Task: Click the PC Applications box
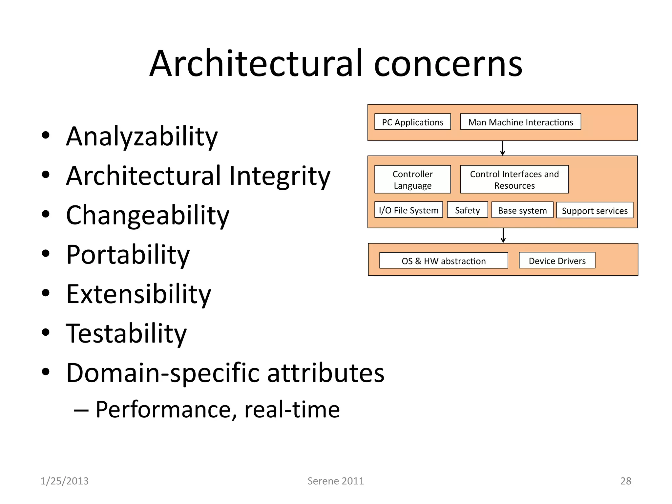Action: tap(412, 122)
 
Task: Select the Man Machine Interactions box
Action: tap(520, 122)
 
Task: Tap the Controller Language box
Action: tap(412, 179)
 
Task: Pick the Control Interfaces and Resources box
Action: tap(514, 179)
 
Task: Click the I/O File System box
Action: tap(409, 210)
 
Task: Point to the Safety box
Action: tap(467, 210)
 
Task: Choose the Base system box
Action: tap(522, 210)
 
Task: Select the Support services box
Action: tap(595, 211)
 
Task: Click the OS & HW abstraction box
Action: tap(444, 261)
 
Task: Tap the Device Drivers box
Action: tap(557, 261)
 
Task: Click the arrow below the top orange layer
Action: tap(502, 148)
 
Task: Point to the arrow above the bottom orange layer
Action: tap(503, 236)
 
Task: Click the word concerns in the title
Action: tap(448, 64)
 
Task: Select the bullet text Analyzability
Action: tap(142, 136)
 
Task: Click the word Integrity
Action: tap(280, 176)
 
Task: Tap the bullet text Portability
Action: tap(128, 255)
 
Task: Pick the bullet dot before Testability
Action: tap(46, 332)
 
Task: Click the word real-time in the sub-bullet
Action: tap(292, 409)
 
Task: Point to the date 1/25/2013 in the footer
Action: tap(65, 481)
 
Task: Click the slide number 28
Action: tap(626, 481)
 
